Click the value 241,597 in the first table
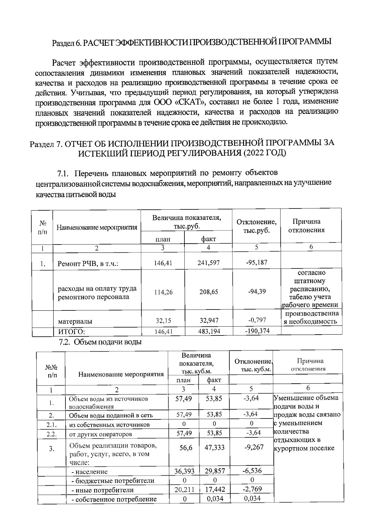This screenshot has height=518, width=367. point(208,263)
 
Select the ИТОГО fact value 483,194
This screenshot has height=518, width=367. point(209,331)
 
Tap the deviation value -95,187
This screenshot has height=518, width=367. point(257,262)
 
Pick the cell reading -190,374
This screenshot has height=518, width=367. point(257,331)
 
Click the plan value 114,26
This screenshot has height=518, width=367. point(163,292)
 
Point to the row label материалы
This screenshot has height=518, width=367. point(75,321)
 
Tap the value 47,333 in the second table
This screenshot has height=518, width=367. point(214,447)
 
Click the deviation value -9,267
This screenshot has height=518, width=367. point(254,447)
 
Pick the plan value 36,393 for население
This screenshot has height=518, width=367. point(184,471)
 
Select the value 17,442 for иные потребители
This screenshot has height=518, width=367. point(215,490)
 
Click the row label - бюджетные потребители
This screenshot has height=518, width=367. point(113,481)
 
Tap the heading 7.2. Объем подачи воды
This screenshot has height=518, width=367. point(100,342)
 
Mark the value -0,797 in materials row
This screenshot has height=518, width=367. point(257,320)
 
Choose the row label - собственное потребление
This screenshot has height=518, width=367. point(114,499)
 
